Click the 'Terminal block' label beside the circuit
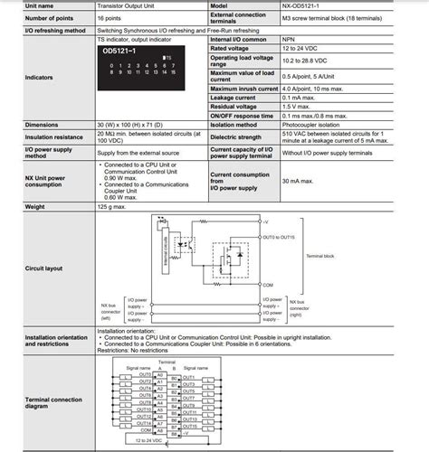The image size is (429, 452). click(x=324, y=256)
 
